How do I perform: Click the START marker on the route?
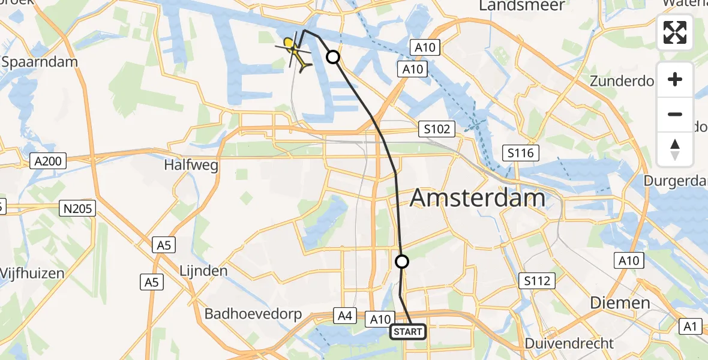click(x=408, y=332)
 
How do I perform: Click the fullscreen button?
click(x=675, y=32)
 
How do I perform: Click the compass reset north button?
click(x=675, y=149)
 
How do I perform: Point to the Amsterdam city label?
click(x=478, y=197)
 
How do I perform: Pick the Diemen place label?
click(x=620, y=302)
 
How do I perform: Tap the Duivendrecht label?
click(x=569, y=344)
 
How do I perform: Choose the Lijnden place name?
click(x=203, y=271)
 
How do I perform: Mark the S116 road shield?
click(x=519, y=154)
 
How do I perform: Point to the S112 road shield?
click(x=537, y=280)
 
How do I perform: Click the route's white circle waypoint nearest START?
click(x=402, y=262)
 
